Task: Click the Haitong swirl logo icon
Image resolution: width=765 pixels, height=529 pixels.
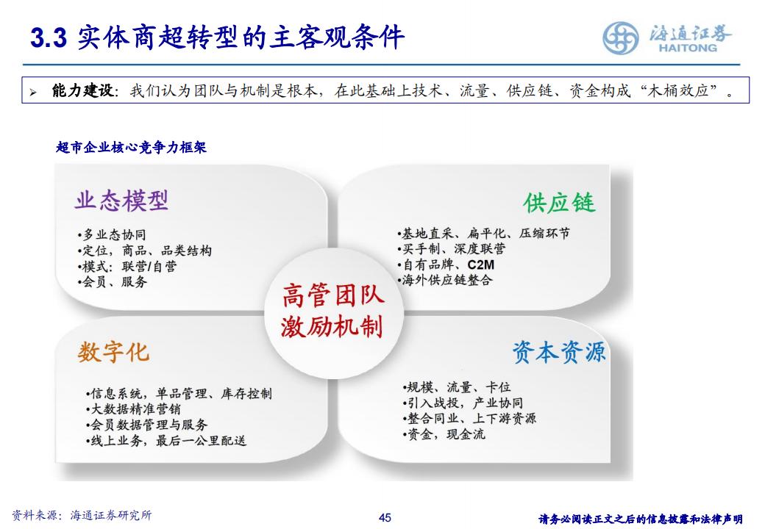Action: pyautogui.click(x=620, y=38)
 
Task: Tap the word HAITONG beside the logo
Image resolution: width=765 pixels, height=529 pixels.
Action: pyautogui.click(x=688, y=48)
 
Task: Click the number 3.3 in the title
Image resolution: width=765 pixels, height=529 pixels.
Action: pyautogui.click(x=49, y=37)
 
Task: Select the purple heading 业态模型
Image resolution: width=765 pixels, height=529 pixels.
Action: pyautogui.click(x=121, y=201)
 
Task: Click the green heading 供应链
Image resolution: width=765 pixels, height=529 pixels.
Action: pyautogui.click(x=559, y=203)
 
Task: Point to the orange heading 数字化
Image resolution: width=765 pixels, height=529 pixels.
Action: pyautogui.click(x=113, y=352)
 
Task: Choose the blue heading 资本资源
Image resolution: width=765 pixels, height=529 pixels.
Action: pyautogui.click(x=558, y=352)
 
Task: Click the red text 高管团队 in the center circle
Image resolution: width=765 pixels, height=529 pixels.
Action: pyautogui.click(x=333, y=295)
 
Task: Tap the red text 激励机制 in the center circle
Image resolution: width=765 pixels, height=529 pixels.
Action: pyautogui.click(x=332, y=326)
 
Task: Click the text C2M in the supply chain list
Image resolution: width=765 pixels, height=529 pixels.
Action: pyautogui.click(x=480, y=264)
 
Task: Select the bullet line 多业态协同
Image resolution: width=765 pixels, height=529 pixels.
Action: pyautogui.click(x=112, y=235)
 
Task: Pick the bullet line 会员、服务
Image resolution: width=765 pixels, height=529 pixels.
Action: pyautogui.click(x=112, y=281)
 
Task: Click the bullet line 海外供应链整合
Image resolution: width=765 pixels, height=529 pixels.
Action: pyautogui.click(x=445, y=280)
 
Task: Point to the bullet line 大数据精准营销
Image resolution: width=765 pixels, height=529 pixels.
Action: pyautogui.click(x=133, y=409)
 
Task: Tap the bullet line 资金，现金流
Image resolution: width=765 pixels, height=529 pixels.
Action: pyautogui.click(x=444, y=434)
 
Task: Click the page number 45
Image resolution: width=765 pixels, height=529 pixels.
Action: pyautogui.click(x=385, y=517)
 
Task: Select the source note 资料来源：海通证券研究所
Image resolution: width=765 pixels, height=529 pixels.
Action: pyautogui.click(x=82, y=515)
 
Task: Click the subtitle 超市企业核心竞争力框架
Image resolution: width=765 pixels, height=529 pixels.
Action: pyautogui.click(x=131, y=147)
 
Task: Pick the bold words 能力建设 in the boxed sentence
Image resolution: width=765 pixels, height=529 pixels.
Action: pyautogui.click(x=82, y=90)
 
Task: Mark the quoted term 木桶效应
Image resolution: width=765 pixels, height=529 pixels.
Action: pyautogui.click(x=678, y=90)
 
